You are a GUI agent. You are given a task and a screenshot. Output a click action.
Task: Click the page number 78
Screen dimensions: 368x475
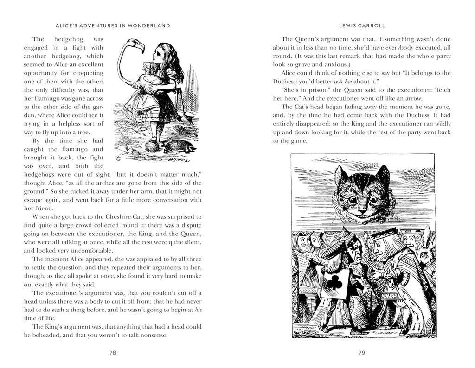coord(113,353)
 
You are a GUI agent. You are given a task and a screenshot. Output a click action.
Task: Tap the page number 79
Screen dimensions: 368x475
coord(362,353)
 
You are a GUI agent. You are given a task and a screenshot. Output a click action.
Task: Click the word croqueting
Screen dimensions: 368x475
coord(89,73)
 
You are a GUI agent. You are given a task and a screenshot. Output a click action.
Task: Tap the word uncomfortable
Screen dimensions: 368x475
coord(68,250)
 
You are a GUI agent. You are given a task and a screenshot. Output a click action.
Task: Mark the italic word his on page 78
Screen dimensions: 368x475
coord(198,310)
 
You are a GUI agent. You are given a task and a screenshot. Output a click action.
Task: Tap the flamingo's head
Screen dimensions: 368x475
coord(137,44)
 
